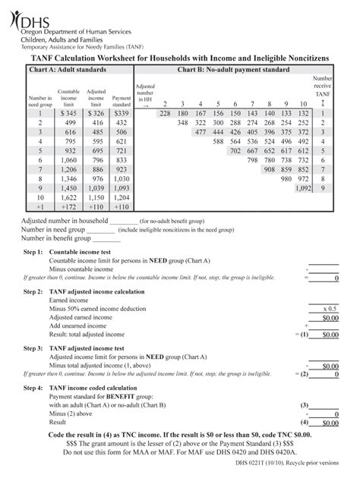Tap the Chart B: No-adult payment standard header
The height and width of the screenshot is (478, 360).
click(x=233, y=70)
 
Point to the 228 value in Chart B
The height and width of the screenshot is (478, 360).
click(x=164, y=113)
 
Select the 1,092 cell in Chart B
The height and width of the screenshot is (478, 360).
click(x=303, y=187)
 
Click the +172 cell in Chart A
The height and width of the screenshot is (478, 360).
click(x=69, y=206)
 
